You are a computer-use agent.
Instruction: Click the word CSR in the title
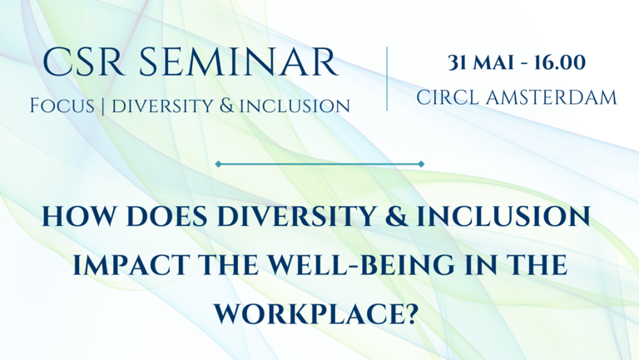(83, 62)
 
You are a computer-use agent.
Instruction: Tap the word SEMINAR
(240, 62)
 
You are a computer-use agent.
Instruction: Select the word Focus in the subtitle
(62, 106)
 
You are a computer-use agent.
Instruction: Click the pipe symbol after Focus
(102, 106)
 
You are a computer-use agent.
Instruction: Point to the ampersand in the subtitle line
(226, 106)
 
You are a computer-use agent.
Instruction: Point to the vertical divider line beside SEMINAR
(387, 79)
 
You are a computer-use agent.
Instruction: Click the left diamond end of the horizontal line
(219, 164)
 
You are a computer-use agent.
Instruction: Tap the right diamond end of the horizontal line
(421, 164)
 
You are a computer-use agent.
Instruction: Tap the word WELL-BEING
(361, 264)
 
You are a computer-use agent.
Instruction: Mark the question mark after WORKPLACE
(414, 313)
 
